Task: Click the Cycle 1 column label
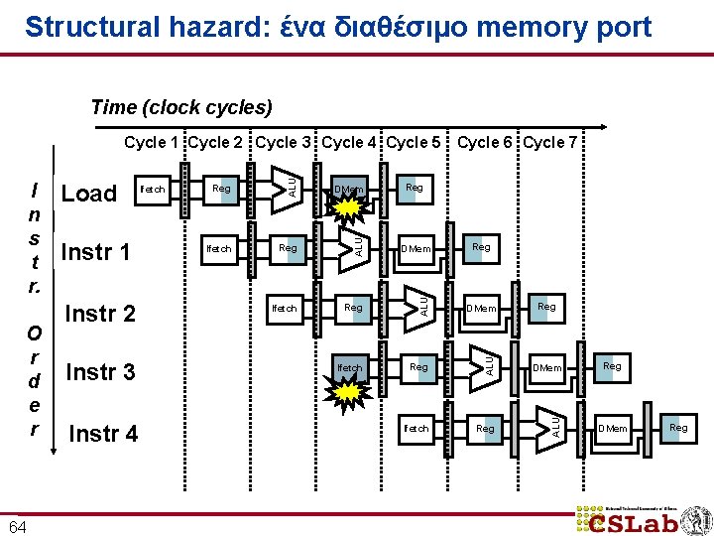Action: click(152, 143)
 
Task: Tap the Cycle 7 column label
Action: click(550, 143)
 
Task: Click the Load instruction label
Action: click(89, 194)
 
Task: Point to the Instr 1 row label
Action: click(95, 252)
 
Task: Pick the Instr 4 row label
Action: click(102, 433)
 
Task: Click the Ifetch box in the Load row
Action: click(153, 189)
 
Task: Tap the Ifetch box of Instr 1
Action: click(218, 248)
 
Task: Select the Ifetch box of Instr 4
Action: click(416, 429)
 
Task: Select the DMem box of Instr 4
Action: click(611, 428)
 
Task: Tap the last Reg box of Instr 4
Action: click(678, 428)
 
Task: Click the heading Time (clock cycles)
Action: click(181, 107)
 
